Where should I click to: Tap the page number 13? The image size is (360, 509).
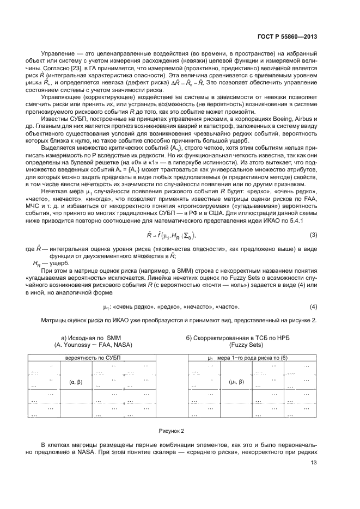[313, 463]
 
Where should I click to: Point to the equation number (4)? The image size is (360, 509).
[313, 306]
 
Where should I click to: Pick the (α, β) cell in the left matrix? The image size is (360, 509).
[76, 382]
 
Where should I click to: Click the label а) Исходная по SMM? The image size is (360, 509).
[90, 338]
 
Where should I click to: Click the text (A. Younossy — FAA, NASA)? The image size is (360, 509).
[93, 345]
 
